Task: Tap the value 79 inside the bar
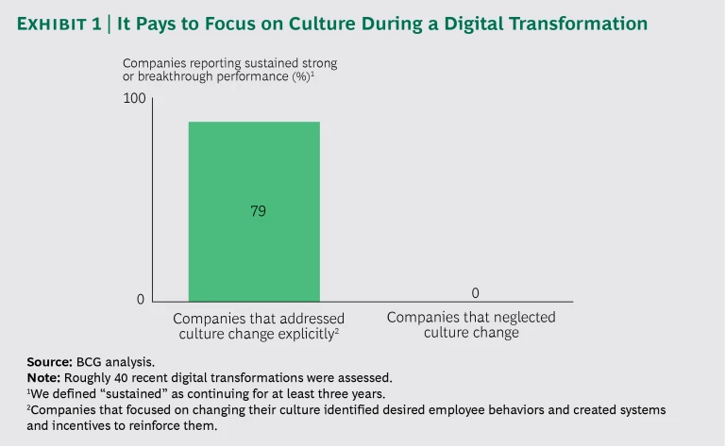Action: [x=257, y=211]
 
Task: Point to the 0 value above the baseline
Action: [x=475, y=293]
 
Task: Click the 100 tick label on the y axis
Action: [x=135, y=98]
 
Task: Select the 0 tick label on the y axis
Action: [x=141, y=300]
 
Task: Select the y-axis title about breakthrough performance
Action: [x=229, y=69]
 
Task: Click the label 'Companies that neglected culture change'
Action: [x=471, y=324]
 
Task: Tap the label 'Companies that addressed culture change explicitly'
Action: [x=258, y=325]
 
